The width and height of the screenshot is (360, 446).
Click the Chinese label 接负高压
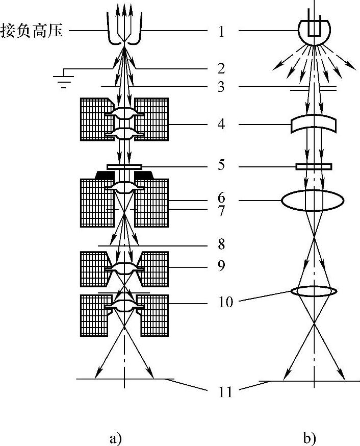coord(33,32)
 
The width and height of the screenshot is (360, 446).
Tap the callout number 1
coord(220,32)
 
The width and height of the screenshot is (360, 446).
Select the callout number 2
coord(220,68)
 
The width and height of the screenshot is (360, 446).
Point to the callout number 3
coord(220,87)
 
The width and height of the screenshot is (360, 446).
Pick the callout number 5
coord(220,166)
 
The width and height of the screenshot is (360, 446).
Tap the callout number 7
coord(220,210)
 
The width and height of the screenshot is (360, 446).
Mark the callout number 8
coord(220,244)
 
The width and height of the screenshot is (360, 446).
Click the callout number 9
coord(220,266)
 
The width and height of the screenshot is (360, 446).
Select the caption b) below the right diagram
coord(308,437)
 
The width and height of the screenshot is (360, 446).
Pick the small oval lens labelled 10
coord(314,291)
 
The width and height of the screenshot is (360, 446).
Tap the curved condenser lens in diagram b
coord(314,125)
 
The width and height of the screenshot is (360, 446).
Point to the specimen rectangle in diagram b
coord(314,166)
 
